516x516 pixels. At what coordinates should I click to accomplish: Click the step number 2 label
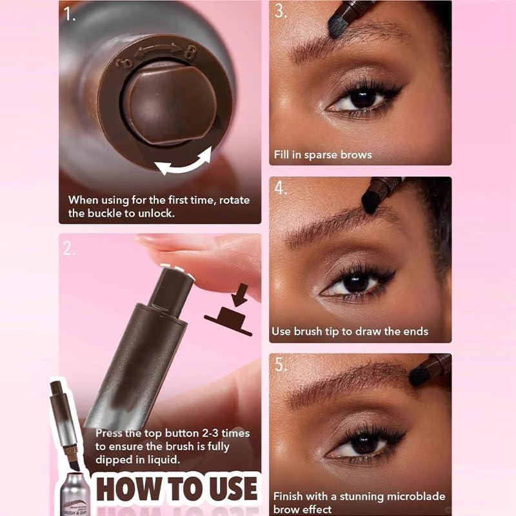point(69,248)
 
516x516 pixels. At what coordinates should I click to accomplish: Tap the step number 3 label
point(280,11)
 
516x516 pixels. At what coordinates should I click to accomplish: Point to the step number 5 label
point(280,364)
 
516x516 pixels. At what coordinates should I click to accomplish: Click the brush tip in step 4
point(373,197)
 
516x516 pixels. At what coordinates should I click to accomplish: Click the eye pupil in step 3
point(362,99)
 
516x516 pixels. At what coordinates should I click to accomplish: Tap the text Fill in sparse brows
point(322,155)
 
